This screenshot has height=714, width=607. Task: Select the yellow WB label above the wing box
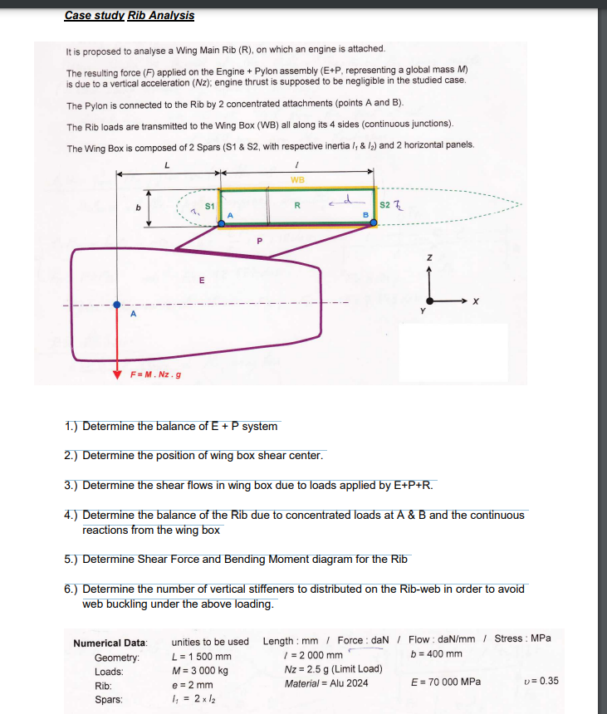[x=297, y=179]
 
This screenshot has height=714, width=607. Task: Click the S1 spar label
[x=210, y=203]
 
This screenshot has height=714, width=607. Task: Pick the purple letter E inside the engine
[x=201, y=281]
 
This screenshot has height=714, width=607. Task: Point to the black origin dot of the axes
[x=430, y=303]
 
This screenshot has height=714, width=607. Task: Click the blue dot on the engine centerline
[x=117, y=304]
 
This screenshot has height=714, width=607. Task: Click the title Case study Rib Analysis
[x=129, y=15]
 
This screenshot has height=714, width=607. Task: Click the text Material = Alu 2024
[x=325, y=682]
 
